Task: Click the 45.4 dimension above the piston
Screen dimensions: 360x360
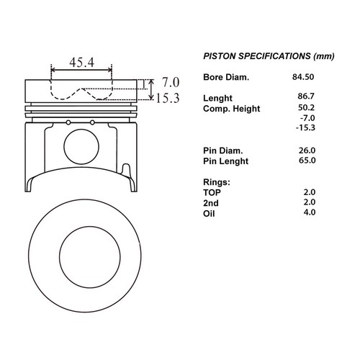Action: tap(81, 63)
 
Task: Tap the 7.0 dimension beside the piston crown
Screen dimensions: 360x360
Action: tap(171, 82)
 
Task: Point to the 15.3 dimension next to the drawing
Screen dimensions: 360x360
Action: tap(168, 98)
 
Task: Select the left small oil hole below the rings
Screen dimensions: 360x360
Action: tap(68, 122)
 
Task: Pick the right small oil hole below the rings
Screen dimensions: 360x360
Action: tap(92, 122)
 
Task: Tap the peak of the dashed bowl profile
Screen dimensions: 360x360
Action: tap(81, 89)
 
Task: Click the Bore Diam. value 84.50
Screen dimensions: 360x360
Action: tap(303, 77)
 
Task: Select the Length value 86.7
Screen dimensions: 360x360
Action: tap(306, 96)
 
